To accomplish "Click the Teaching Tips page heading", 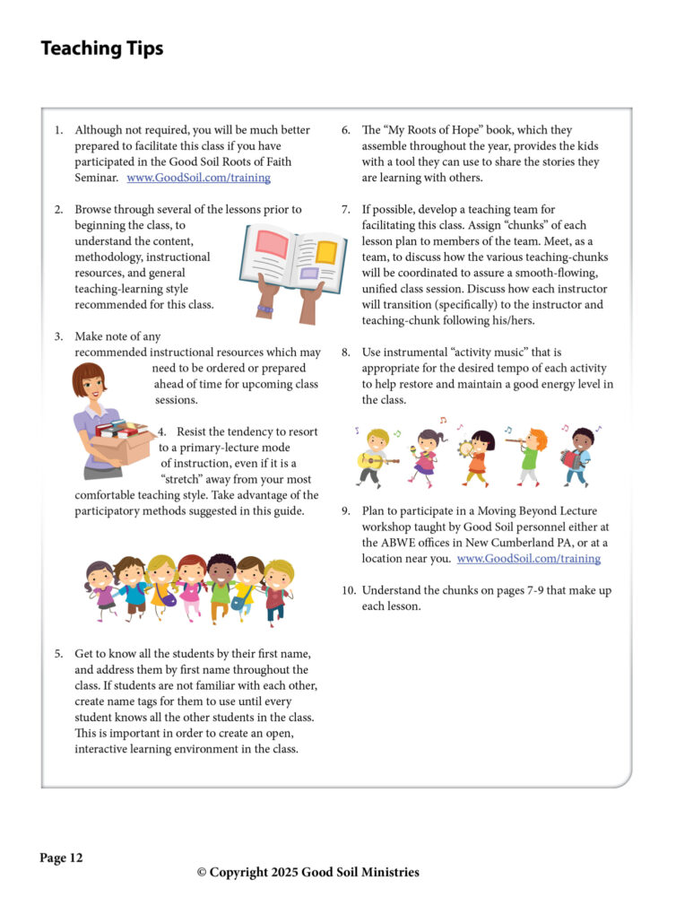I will click(102, 48).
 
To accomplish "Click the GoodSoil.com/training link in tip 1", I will click(199, 178).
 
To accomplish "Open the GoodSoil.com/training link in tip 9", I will click(528, 558).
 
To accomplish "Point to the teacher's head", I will click(90, 382).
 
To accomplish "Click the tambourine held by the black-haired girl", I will click(465, 448).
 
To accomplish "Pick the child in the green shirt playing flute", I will click(528, 453).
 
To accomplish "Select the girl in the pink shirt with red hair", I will click(192, 588).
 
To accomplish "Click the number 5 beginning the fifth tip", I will click(57, 654).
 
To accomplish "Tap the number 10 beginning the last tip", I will click(348, 590).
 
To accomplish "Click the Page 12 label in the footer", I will click(61, 858).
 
